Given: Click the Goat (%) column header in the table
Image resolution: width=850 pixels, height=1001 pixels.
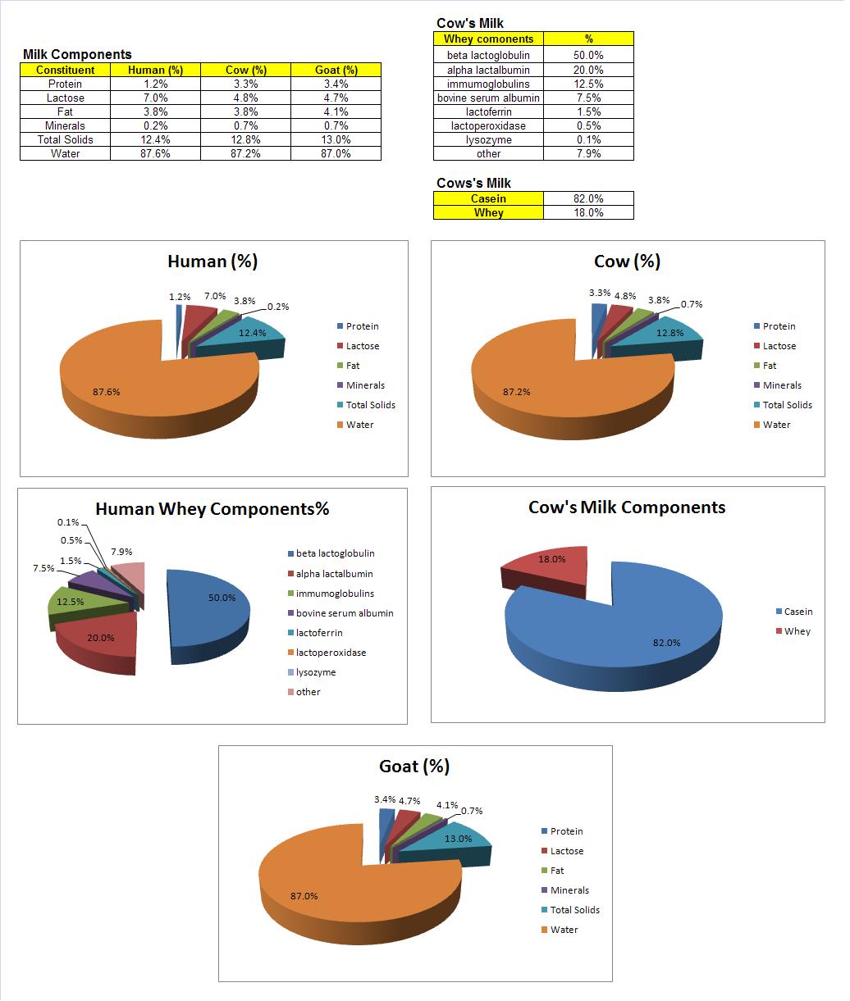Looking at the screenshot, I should click(336, 70).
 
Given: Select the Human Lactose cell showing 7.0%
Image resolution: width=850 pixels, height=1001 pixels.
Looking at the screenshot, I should click(155, 98).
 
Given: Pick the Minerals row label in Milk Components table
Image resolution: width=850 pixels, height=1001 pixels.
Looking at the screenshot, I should click(65, 125).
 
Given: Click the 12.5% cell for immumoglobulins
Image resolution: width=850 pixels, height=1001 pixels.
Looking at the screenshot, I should click(587, 84).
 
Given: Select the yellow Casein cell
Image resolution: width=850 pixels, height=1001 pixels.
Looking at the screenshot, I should click(488, 198).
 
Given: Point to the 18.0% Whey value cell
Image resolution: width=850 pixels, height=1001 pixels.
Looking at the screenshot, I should click(587, 212).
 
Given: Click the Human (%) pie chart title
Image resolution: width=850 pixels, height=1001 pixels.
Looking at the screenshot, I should click(212, 262).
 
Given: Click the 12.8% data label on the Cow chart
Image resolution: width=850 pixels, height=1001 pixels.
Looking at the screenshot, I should click(669, 333).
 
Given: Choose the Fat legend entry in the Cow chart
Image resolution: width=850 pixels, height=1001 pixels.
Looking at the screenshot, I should click(769, 366).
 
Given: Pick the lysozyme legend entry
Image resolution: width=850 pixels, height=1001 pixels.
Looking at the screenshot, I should click(315, 672).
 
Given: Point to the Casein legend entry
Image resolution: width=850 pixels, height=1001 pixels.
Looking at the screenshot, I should click(797, 612).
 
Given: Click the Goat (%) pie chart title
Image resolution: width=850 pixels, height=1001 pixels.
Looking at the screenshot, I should click(414, 767).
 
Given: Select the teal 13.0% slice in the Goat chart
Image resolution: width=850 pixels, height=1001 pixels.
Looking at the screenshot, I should click(455, 839).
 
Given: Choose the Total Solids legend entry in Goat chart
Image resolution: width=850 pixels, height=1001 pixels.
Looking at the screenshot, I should click(574, 910).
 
